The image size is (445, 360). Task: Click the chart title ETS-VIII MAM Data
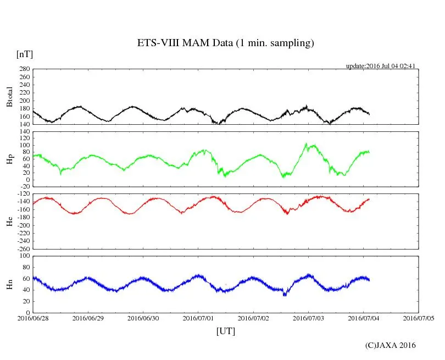[225, 43]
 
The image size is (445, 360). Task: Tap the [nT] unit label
[24, 54]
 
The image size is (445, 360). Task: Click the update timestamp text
[380, 66]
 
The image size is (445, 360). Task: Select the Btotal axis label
[9, 97]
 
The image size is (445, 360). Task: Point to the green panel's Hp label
[9, 159]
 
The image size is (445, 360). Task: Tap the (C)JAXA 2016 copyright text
[391, 345]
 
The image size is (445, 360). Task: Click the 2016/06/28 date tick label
[33, 318]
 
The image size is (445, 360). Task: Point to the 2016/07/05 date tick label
[419, 318]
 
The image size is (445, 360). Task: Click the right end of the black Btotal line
[369, 114]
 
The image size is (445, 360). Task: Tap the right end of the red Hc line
[369, 199]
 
